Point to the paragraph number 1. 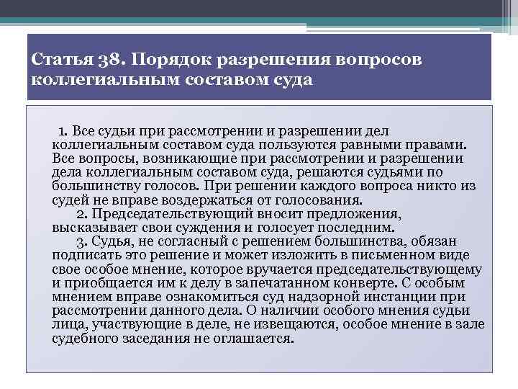pyautogui.click(x=62, y=130)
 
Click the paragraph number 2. pyautogui.click(x=81, y=214)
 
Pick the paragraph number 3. pyautogui.click(x=81, y=242)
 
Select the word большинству pyautogui.click(x=92, y=186)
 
